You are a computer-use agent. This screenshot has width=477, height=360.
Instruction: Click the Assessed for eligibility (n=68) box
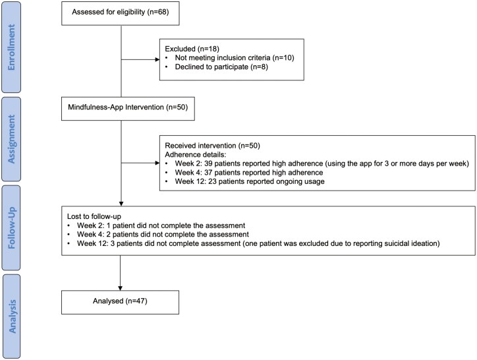pyautogui.click(x=120, y=13)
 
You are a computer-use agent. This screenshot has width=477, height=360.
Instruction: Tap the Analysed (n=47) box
pyautogui.click(x=120, y=302)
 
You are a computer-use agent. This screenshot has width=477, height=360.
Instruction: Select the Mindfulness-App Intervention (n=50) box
pyautogui.click(x=128, y=109)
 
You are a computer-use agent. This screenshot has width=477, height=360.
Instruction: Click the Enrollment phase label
pyautogui.click(x=11, y=47)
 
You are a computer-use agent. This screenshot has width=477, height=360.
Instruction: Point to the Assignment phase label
pyautogui.click(x=11, y=139)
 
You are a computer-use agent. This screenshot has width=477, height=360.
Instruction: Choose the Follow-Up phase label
pyautogui.click(x=11, y=228)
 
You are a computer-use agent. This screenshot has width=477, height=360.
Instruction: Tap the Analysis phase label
pyautogui.click(x=11, y=316)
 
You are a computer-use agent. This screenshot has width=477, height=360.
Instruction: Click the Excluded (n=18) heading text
pyautogui.click(x=192, y=49)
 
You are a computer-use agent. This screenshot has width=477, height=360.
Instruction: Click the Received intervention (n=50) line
pyautogui.click(x=212, y=146)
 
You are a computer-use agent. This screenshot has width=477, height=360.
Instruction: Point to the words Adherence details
pyautogui.click(x=195, y=154)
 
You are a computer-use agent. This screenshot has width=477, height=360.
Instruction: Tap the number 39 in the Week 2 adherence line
pyautogui.click(x=208, y=164)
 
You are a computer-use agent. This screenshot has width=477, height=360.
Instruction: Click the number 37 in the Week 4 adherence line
pyautogui.click(x=208, y=172)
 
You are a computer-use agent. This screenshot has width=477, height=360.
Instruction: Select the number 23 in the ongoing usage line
pyautogui.click(x=212, y=181)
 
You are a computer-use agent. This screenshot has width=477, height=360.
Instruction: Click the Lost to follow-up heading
pyautogui.click(x=94, y=216)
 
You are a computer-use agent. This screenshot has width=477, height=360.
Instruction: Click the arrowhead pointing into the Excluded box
pyautogui.click(x=157, y=59)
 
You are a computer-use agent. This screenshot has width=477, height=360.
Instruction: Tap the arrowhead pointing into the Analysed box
pyautogui.click(x=120, y=288)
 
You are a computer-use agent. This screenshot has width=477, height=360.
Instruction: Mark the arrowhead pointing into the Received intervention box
pyautogui.click(x=157, y=163)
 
